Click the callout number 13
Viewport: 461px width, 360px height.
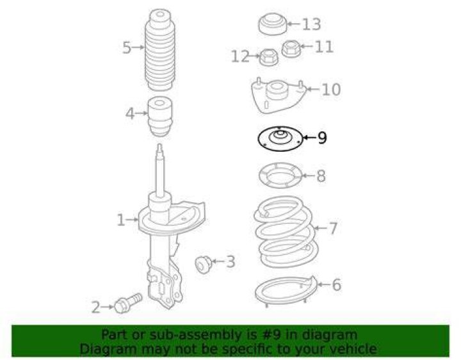point(312,24)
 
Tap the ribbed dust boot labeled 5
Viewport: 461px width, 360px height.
point(159,50)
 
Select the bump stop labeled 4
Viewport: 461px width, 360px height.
point(159,117)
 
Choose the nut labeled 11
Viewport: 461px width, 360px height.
point(291,48)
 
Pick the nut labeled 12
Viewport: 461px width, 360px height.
point(270,57)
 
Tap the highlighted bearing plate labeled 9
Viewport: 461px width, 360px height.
point(280,138)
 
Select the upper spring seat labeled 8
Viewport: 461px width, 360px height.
point(280,176)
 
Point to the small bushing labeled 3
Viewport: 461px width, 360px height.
point(204,264)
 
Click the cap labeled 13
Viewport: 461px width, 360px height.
point(273,24)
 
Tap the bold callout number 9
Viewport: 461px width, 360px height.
point(322,137)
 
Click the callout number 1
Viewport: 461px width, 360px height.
point(121,220)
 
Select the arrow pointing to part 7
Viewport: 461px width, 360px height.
point(320,228)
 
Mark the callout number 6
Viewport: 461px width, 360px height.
point(336,284)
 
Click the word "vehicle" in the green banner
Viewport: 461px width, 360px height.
point(356,349)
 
